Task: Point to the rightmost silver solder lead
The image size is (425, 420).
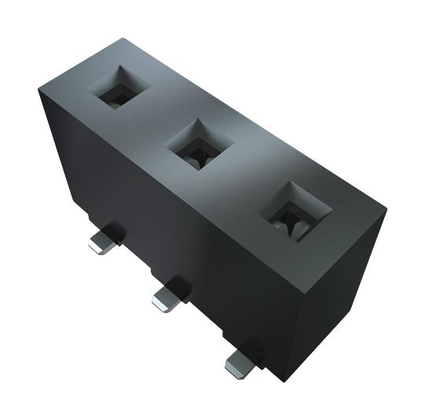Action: click(240, 360)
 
